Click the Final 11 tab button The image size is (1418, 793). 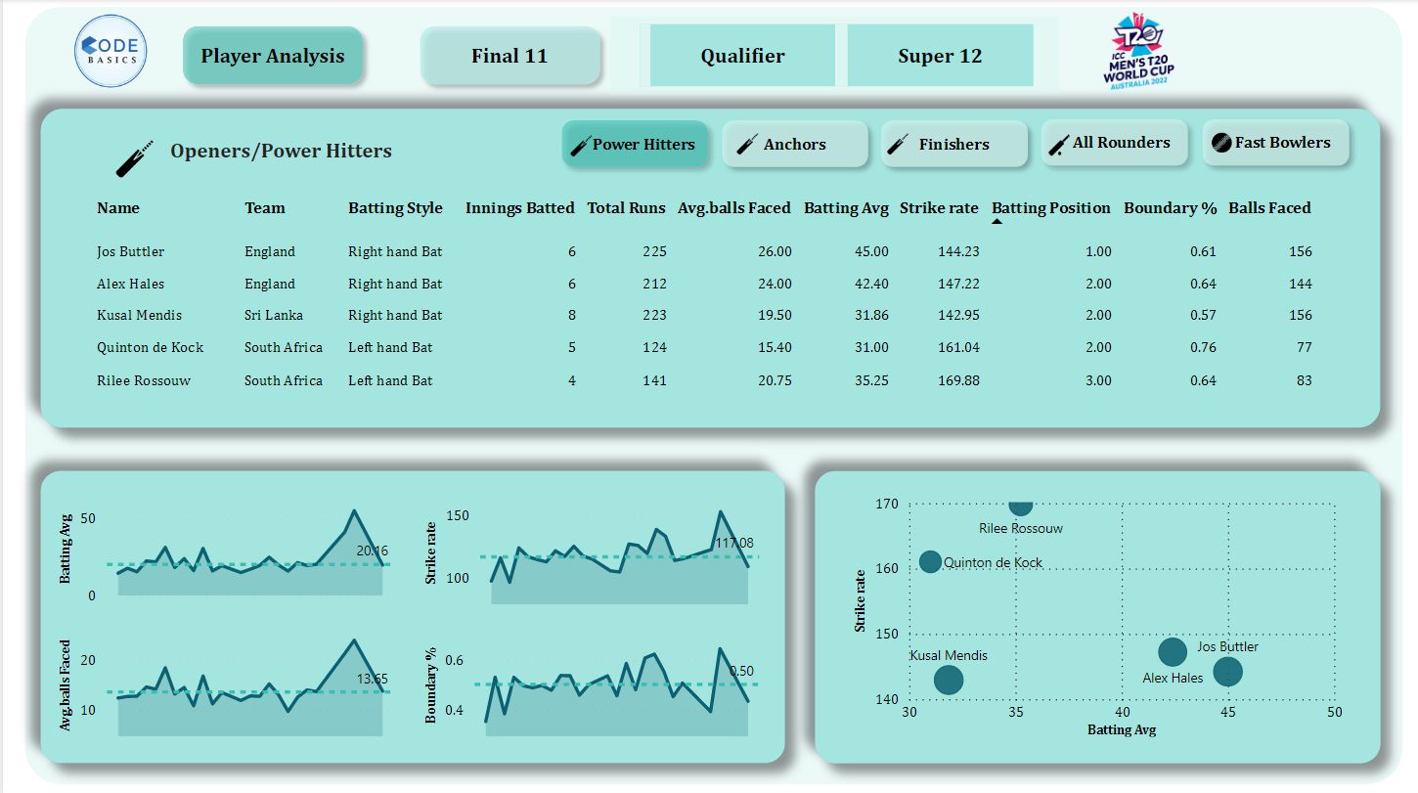510,56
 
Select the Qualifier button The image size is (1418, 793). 742,56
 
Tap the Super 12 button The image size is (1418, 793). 940,56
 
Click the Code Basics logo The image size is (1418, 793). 111,52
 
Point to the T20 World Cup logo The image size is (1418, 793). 1139,52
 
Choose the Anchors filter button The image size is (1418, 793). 794,144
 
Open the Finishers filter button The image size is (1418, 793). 953,144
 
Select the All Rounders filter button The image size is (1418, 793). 1114,143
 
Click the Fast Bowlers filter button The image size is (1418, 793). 1275,143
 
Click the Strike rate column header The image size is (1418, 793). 939,208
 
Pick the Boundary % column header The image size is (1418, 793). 1170,208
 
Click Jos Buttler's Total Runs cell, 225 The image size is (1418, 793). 654,251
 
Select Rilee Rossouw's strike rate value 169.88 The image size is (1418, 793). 958,380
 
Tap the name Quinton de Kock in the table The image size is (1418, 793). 150,347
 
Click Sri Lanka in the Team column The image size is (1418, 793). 274,315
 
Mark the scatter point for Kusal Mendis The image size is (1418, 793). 949,680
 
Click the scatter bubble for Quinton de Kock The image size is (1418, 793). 930,562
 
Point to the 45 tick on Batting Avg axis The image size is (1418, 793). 1228,713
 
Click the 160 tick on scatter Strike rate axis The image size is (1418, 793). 887,568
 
